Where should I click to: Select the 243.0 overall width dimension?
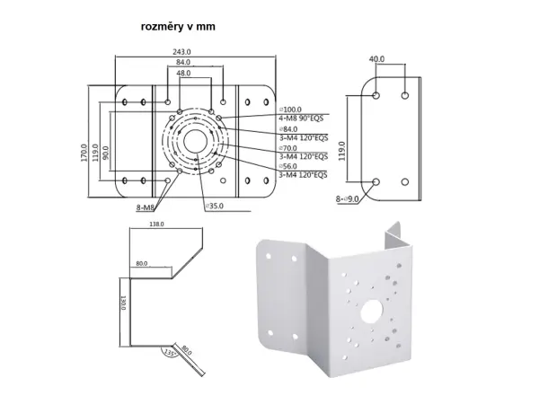[181, 51]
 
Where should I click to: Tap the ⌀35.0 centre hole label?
[215, 206]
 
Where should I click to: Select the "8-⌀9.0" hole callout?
[348, 198]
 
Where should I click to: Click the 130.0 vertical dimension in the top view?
[122, 303]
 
